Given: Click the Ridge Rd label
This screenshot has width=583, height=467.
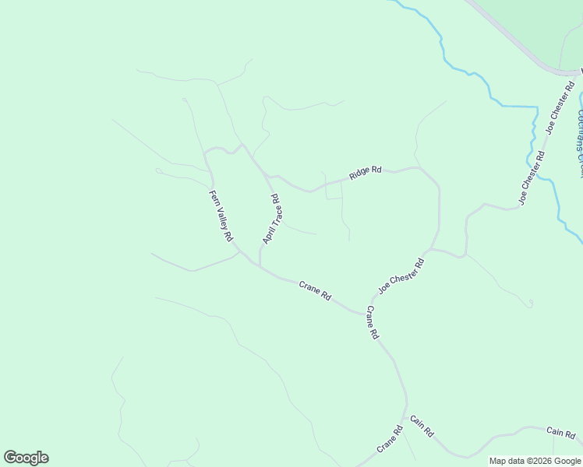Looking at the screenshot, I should (x=365, y=173).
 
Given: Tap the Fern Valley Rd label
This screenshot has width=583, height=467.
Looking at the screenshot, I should (x=221, y=216).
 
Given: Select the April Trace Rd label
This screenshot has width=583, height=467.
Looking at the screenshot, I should (x=271, y=219).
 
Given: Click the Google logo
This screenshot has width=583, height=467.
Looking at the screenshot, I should (x=26, y=458).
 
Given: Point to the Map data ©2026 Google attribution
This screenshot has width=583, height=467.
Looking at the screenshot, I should (x=535, y=461).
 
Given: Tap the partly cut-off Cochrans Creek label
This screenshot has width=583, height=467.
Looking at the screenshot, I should (x=579, y=132).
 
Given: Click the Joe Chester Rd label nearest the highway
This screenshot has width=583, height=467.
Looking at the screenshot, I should (x=560, y=108).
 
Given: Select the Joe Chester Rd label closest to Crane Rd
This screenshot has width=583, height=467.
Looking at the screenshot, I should (x=401, y=276).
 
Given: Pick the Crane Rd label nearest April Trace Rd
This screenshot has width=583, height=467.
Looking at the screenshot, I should (x=316, y=291).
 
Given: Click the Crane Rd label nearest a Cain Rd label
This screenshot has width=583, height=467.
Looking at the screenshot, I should (x=390, y=440).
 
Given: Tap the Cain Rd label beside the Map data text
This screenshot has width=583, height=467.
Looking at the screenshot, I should (x=560, y=433).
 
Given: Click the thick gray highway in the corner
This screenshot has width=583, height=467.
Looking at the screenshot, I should (x=514, y=39).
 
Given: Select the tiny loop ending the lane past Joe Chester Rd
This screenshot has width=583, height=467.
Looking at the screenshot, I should (x=530, y=303).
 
